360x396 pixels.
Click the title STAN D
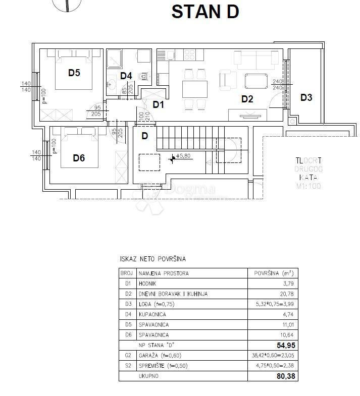[205, 12]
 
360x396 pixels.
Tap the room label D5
[74, 73]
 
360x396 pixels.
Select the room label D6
[79, 158]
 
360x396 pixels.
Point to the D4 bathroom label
[126, 76]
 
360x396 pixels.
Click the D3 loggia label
[306, 97]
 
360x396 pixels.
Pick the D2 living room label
[247, 99]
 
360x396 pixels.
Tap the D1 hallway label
[159, 104]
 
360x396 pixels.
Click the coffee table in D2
[256, 81]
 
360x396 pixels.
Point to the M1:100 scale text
[308, 186]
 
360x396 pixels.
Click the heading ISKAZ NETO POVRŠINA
[152, 259]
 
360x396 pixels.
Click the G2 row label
[127, 355]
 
